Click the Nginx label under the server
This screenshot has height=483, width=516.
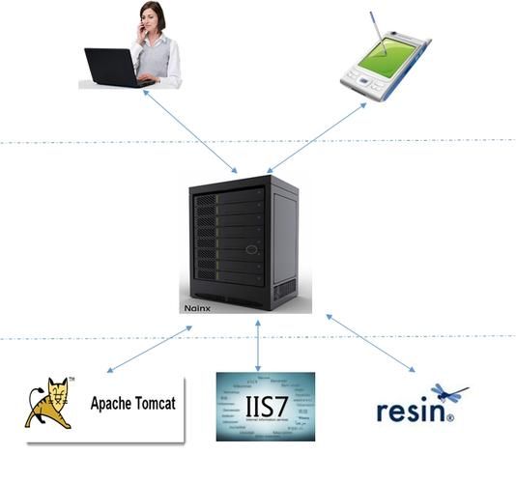tap(196, 310)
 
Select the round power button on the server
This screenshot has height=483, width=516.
tap(252, 249)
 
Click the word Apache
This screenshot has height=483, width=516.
tap(113, 404)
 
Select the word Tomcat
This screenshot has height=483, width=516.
tap(157, 404)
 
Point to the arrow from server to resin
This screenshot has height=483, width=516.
tap(371, 343)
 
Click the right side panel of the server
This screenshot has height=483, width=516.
tap(284, 237)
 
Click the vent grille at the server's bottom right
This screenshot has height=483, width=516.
tap(284, 289)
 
